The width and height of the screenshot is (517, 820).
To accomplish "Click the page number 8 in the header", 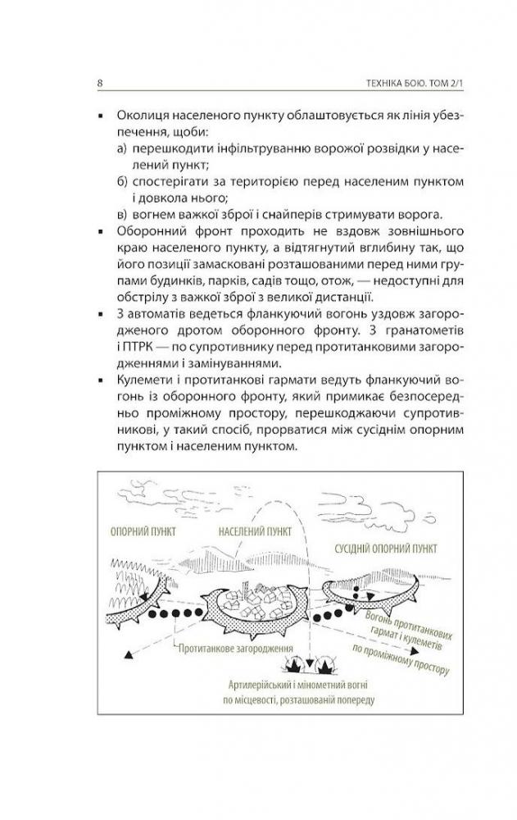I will click(99, 84).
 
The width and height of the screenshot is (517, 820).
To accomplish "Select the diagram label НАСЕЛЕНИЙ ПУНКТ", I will click(256, 531).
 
